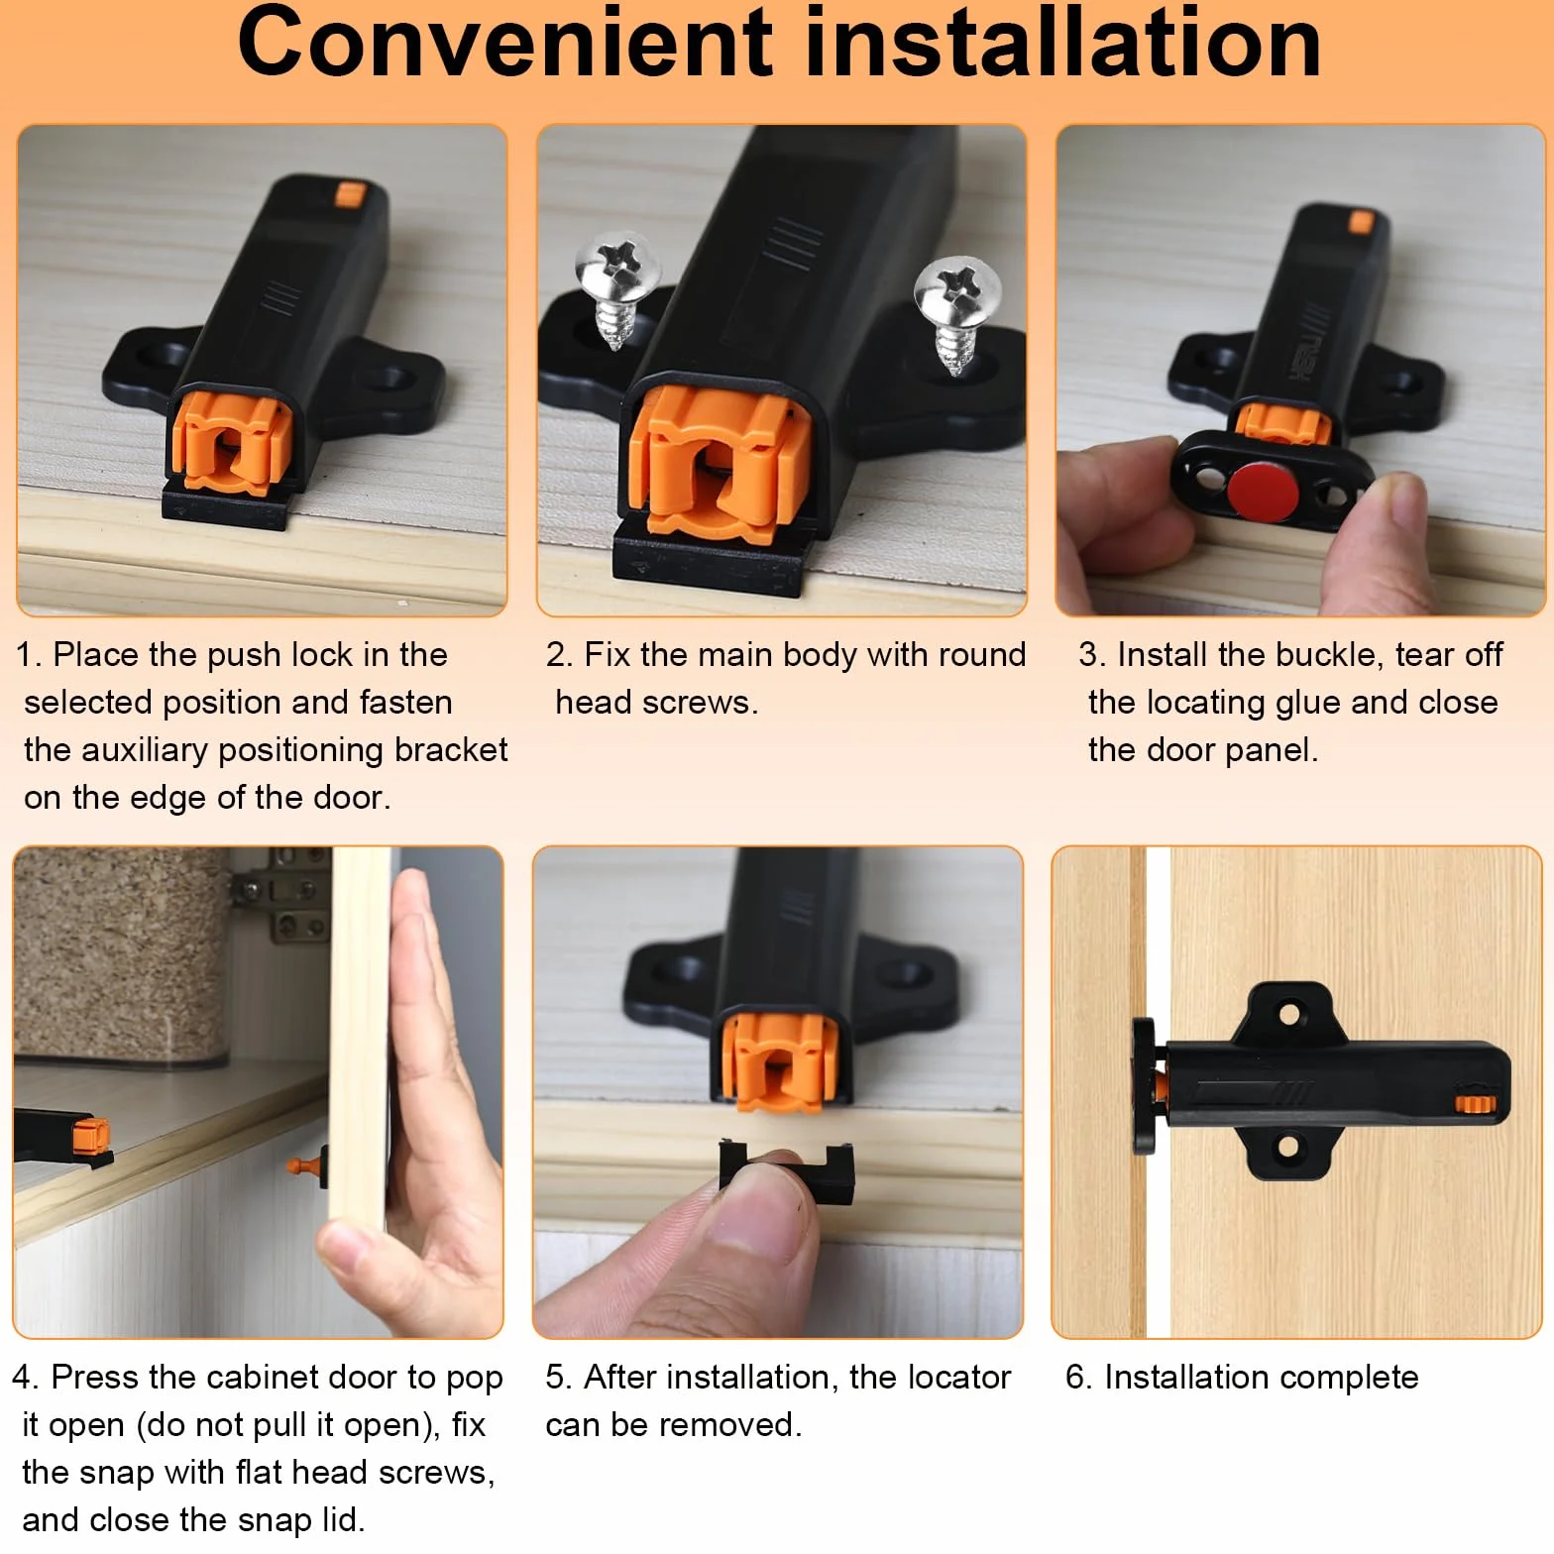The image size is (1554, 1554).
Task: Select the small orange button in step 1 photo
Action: tap(349, 193)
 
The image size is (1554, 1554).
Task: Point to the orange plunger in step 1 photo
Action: tap(232, 442)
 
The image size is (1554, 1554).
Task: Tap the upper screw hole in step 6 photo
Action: tap(1289, 1014)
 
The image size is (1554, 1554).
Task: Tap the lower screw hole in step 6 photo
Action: tap(1288, 1148)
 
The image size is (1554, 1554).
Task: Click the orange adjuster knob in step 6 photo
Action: tap(1474, 1102)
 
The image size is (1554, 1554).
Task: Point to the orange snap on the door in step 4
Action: tap(306, 1165)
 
